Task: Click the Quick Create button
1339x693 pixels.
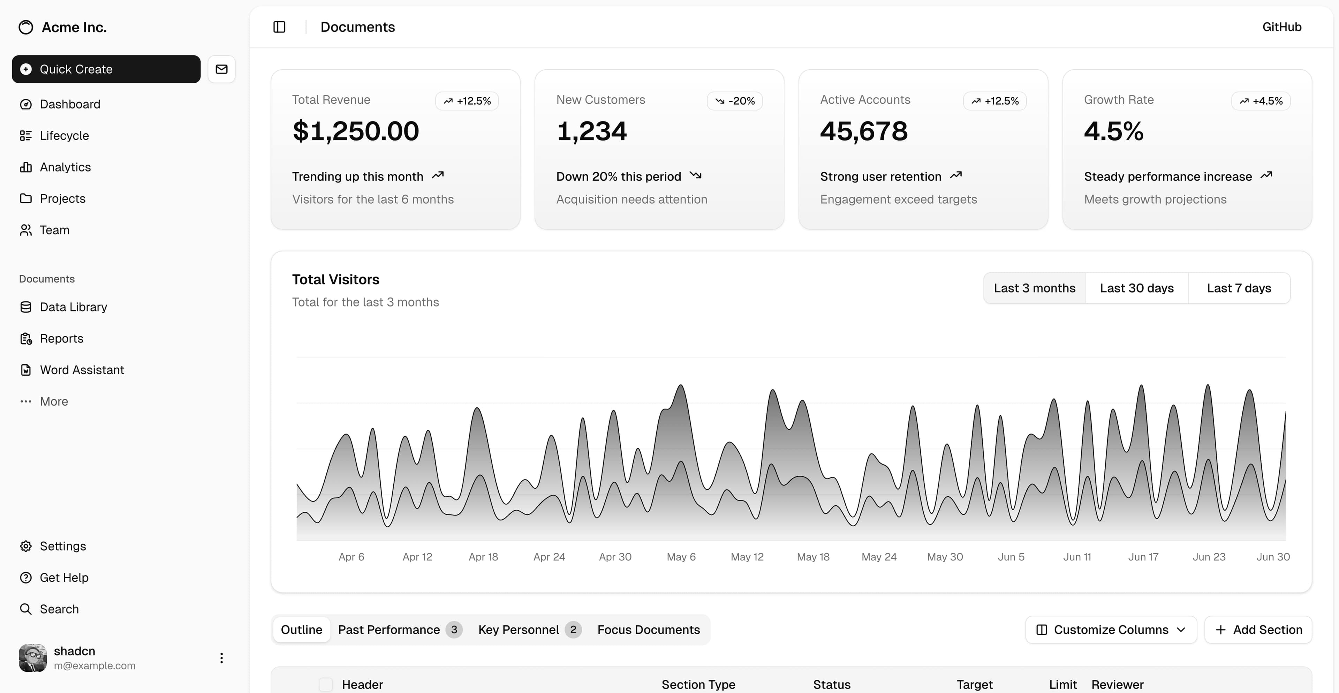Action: click(x=106, y=69)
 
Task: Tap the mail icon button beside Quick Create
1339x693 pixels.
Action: click(x=221, y=69)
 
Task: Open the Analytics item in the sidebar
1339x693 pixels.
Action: click(x=65, y=167)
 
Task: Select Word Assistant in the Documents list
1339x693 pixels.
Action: click(x=82, y=370)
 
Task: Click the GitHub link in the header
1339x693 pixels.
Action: click(x=1281, y=27)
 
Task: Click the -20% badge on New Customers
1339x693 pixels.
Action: click(x=734, y=101)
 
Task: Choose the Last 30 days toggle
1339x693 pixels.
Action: click(x=1136, y=288)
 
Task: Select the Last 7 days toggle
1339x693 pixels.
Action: click(x=1239, y=288)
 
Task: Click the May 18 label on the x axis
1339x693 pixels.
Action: click(x=813, y=557)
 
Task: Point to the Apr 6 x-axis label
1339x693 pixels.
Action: click(x=351, y=557)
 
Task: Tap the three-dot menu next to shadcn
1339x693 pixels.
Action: click(x=221, y=658)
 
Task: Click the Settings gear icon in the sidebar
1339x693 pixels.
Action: click(x=25, y=546)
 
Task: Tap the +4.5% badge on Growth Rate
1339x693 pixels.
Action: click(x=1261, y=101)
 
